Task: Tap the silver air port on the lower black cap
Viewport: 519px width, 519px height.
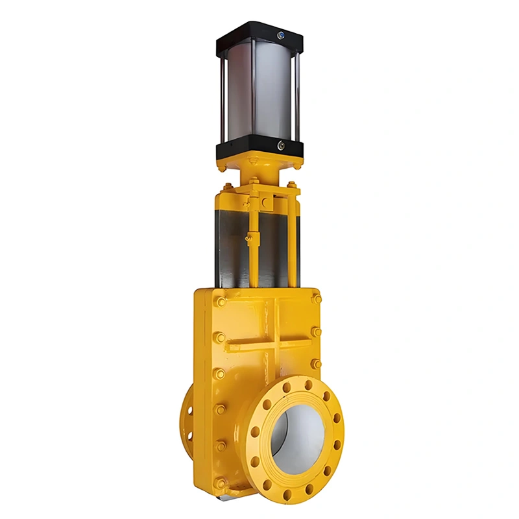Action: [x=280, y=146]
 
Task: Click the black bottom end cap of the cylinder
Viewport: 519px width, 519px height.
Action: [x=259, y=151]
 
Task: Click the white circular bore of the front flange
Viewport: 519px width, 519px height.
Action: [x=297, y=435]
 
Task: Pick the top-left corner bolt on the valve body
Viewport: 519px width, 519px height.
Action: [x=221, y=302]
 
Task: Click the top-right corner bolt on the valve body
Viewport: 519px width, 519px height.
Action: [x=316, y=299]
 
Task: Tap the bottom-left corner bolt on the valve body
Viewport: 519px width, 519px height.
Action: [x=221, y=483]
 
